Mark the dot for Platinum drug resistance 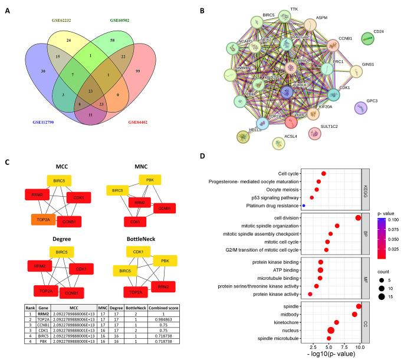point(303,206)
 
